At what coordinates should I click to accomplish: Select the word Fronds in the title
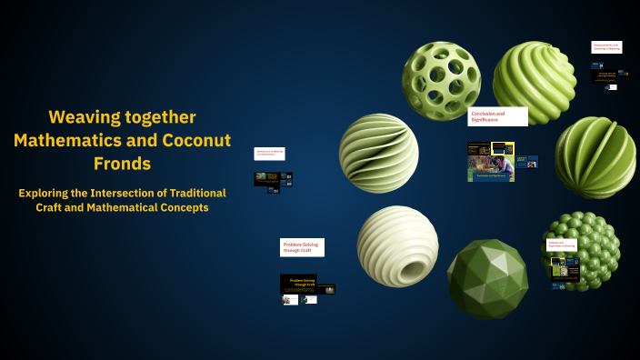click(x=122, y=164)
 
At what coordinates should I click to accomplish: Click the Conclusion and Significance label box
click(x=498, y=116)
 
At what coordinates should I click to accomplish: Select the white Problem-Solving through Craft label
click(x=302, y=246)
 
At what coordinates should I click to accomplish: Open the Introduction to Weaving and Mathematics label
click(x=269, y=154)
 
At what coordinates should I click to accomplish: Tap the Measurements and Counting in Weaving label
click(x=606, y=46)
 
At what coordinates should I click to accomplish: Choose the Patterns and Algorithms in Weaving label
click(x=561, y=245)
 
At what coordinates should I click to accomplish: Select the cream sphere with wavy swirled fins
click(x=378, y=153)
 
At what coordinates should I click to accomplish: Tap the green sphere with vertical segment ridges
click(x=595, y=156)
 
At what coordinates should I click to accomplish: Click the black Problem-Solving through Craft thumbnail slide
click(x=298, y=283)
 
